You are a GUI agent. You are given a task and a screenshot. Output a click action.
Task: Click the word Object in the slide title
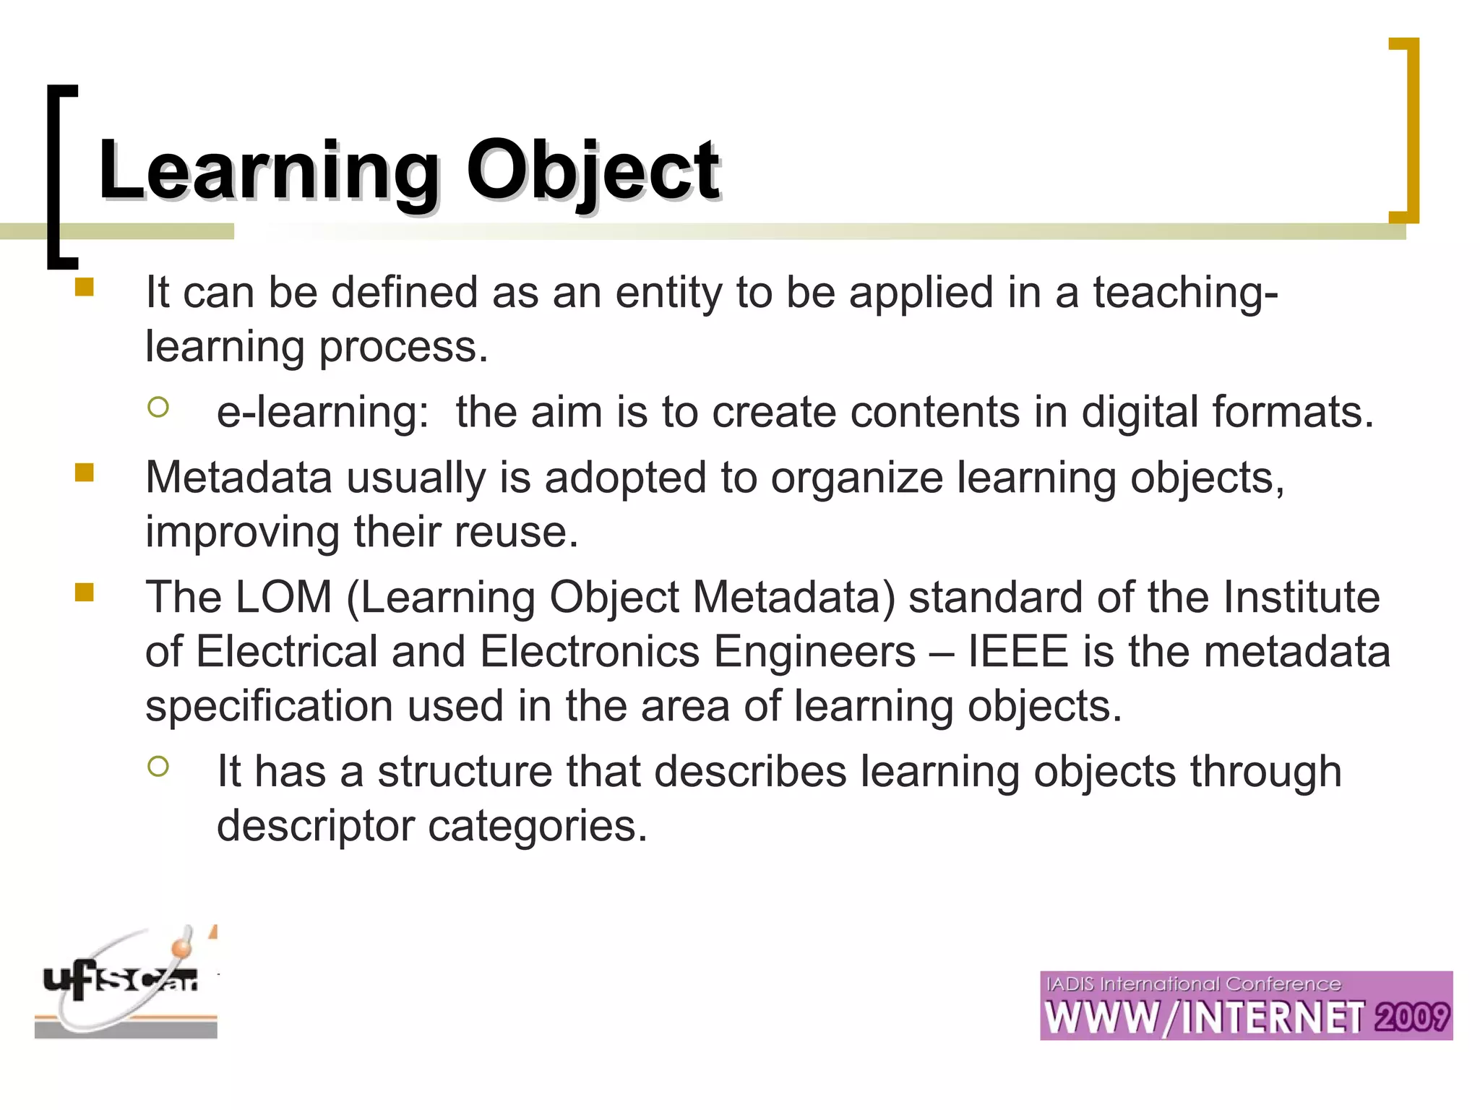(593, 171)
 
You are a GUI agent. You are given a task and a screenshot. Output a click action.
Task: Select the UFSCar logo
(126, 983)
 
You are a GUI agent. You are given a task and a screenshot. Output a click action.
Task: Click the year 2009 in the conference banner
(1412, 1017)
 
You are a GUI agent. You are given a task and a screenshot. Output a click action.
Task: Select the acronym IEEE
(1017, 651)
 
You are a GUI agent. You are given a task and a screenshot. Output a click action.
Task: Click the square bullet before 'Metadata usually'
(85, 473)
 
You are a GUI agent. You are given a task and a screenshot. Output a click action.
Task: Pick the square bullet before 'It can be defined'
(85, 288)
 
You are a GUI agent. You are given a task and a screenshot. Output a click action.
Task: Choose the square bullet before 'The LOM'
(85, 593)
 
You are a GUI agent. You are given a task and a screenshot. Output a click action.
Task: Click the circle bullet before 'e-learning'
(158, 408)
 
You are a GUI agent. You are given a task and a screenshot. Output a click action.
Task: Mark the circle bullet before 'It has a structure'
(158, 766)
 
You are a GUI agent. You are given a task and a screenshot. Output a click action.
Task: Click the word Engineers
(814, 651)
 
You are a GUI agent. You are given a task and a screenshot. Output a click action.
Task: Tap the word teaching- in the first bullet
(1185, 293)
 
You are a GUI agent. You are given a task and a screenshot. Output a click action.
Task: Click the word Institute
(1302, 597)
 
